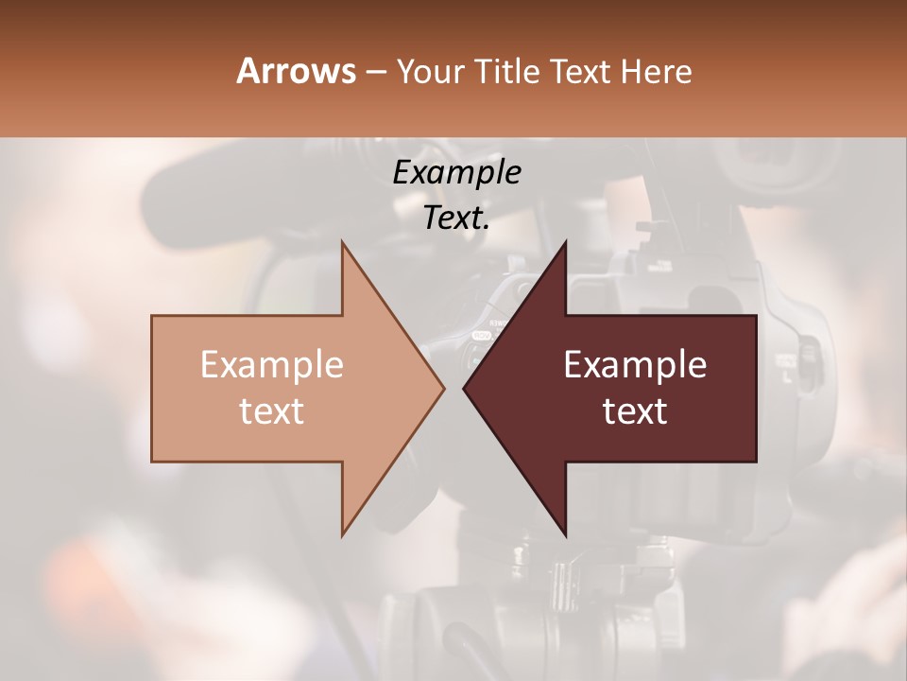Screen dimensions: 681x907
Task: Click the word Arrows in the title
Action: tap(297, 71)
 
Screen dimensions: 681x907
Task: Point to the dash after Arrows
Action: tap(376, 72)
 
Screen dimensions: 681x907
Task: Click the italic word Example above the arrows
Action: tap(456, 172)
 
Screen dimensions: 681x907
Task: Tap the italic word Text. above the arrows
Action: tap(456, 218)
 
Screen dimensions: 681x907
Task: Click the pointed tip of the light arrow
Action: tap(444, 389)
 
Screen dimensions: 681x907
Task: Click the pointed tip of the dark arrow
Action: tap(464, 389)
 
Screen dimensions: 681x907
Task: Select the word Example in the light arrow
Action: tap(272, 365)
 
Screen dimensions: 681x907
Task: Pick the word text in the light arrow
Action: tap(272, 411)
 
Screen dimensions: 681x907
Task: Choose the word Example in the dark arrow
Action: tap(635, 365)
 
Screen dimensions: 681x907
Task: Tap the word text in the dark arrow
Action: tap(635, 411)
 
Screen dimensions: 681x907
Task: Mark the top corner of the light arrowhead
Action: tap(343, 242)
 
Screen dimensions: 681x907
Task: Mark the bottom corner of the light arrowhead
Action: tap(343, 535)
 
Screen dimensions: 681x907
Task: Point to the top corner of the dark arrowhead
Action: tap(565, 242)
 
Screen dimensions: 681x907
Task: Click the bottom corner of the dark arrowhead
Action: tap(565, 535)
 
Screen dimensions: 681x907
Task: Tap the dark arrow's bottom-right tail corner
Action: tap(756, 462)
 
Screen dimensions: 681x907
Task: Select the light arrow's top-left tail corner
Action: tap(152, 316)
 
